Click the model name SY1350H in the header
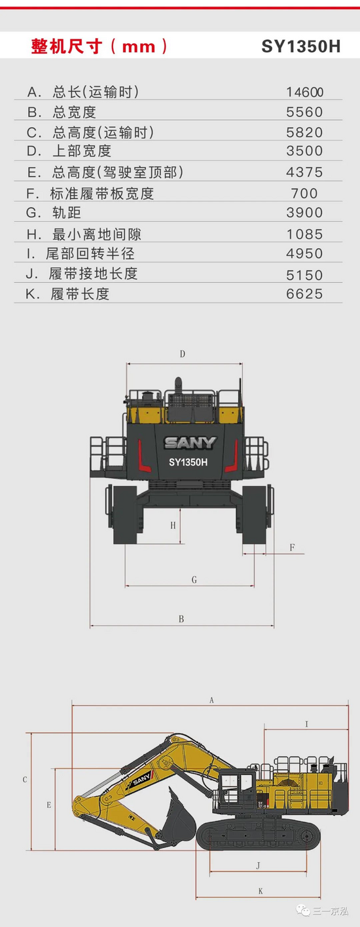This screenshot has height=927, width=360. (301, 46)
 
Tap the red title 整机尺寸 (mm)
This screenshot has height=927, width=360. (99, 46)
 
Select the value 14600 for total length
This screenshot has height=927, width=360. (304, 92)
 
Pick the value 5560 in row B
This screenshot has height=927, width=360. (304, 112)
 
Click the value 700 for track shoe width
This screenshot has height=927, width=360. (304, 193)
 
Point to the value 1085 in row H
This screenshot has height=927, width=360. (304, 234)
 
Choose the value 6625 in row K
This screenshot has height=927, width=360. (304, 294)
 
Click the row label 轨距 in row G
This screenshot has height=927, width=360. (67, 213)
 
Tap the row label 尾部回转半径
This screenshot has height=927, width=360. (90, 253)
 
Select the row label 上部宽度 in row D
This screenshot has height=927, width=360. (82, 151)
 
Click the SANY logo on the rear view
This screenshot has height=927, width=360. (190, 443)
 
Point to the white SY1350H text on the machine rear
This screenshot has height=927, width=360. (189, 462)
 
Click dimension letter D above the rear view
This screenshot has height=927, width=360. (183, 354)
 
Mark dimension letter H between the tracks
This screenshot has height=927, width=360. (173, 525)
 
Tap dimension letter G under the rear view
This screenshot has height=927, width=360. (194, 580)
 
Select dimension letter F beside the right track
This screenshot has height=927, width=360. (292, 547)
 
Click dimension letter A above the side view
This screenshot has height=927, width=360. (211, 700)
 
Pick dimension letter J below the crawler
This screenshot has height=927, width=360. (259, 865)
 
